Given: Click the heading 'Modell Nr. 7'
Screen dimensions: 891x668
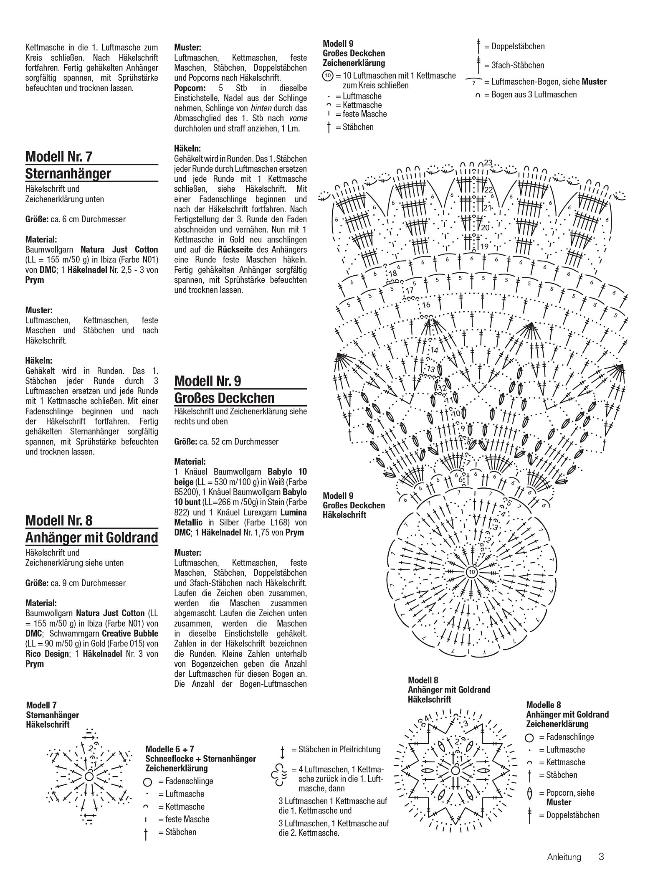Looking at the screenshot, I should pyautogui.click(x=59, y=157).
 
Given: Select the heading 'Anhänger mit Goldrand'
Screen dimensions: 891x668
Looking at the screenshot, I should pyautogui.click(x=92, y=537).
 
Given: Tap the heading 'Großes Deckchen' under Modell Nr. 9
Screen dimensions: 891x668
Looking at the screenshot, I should pyautogui.click(x=225, y=397).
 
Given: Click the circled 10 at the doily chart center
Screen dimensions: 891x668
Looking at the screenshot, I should pyautogui.click(x=472, y=572).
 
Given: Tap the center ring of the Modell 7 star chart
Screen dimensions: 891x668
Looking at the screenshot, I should pyautogui.click(x=89, y=776).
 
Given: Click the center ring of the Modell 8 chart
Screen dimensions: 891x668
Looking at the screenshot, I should pyautogui.click(x=455, y=769).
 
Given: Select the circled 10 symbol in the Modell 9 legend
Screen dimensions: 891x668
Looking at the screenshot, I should pyautogui.click(x=328, y=76).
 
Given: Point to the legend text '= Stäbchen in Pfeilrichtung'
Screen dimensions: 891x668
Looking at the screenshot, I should pyautogui.click(x=339, y=749).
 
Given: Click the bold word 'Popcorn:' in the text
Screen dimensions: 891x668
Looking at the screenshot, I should pyautogui.click(x=190, y=88).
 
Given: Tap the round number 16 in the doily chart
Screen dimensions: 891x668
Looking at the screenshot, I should pyautogui.click(x=426, y=305).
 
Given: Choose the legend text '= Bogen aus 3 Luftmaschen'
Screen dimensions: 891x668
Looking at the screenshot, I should pyautogui.click(x=530, y=94).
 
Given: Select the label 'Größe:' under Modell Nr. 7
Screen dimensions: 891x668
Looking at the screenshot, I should pyautogui.click(x=37, y=219).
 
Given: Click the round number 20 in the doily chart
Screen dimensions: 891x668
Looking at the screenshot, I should pyautogui.click(x=485, y=228).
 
